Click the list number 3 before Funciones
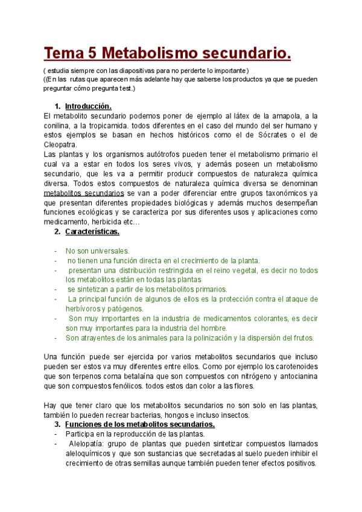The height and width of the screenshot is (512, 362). [57, 424]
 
